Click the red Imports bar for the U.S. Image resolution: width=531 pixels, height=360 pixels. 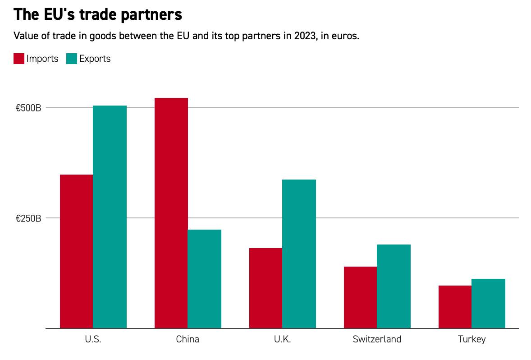76,251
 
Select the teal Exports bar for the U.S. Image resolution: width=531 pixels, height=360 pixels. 110,217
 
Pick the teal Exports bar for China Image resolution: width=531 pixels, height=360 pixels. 204,279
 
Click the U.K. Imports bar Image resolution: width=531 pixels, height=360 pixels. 265,288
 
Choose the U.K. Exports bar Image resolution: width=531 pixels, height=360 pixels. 299,254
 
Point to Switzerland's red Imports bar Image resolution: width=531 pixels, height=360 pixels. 360,297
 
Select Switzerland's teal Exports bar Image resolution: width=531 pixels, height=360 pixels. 394,286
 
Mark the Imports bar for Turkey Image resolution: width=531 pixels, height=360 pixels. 455,307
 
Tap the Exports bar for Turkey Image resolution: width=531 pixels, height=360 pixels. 488,304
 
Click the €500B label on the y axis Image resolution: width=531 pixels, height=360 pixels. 28,108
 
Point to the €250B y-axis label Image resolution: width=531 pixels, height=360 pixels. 28,219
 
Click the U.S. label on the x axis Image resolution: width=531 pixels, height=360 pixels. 93,340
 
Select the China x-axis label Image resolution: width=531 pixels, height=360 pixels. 188,340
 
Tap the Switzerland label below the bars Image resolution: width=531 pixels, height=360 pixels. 377,340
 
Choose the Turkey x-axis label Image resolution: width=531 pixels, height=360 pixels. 471,340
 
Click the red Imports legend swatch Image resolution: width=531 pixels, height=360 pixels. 19,59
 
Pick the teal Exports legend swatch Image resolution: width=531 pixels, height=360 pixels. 72,59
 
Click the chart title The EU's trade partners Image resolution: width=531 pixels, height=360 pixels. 98,14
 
